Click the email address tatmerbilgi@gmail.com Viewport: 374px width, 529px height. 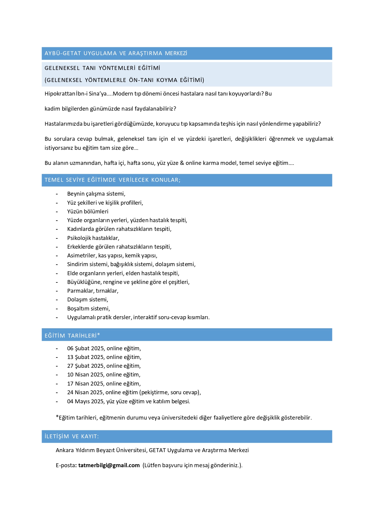109,465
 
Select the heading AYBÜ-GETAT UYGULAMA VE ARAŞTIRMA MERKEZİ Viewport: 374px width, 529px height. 116,53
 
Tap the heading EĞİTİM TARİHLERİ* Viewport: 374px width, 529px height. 72,335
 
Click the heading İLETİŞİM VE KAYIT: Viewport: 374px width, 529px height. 72,436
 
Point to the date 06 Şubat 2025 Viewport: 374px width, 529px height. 85,348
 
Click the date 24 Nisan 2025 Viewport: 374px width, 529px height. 85,392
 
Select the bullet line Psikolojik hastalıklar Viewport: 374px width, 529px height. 93,238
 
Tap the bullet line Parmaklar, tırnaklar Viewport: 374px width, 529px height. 93,291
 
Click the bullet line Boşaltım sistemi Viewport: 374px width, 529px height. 88,309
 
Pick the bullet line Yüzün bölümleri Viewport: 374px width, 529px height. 88,212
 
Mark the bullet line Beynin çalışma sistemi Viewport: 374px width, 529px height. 96,194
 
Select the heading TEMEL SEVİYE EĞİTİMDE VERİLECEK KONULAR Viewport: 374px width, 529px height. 112,180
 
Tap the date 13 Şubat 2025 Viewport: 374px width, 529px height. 85,357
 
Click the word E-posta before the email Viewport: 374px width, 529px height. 65,465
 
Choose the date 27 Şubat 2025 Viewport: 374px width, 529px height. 85,366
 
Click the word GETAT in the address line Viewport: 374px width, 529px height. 157,450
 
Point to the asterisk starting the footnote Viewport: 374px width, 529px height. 57,417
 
